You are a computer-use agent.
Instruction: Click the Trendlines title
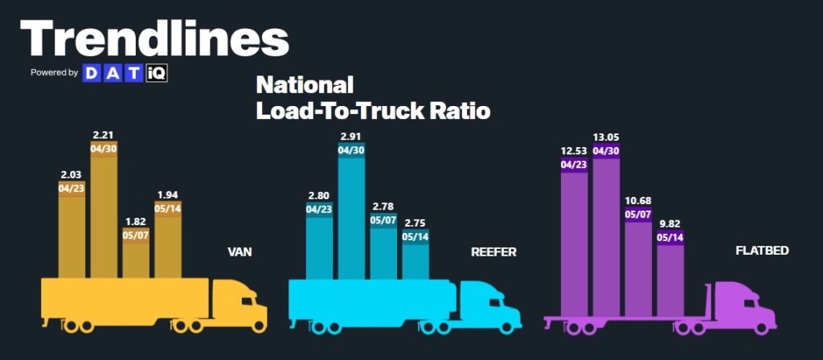(154, 38)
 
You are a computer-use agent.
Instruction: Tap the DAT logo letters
(112, 73)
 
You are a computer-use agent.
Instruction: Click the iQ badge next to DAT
(155, 73)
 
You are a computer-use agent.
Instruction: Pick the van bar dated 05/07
(136, 256)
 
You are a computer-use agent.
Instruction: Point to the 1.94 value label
(168, 194)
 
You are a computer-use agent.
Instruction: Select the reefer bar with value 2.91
(351, 217)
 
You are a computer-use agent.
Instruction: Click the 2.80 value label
(319, 195)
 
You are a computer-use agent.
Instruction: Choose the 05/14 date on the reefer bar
(416, 236)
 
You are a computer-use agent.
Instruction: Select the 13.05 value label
(606, 137)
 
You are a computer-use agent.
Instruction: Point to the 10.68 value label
(638, 200)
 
